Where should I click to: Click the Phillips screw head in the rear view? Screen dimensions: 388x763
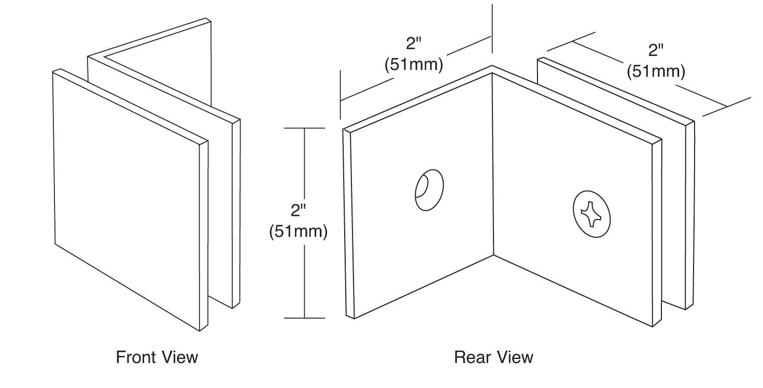click(x=592, y=213)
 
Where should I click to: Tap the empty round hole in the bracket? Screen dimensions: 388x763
click(x=430, y=189)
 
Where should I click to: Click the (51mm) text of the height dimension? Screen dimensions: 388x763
click(x=298, y=232)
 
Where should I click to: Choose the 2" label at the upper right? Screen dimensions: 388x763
click(x=656, y=50)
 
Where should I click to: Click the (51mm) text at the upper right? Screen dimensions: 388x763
click(x=656, y=71)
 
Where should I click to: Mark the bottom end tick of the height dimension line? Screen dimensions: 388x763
click(x=305, y=318)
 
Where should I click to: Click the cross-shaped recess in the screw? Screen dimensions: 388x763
click(x=591, y=213)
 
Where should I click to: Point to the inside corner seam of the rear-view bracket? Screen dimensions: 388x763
click(x=492, y=166)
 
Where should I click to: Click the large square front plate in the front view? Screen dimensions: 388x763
click(x=130, y=197)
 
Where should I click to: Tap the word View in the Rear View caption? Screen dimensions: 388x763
click(x=516, y=357)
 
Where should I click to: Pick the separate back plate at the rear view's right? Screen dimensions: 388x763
click(x=689, y=218)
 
